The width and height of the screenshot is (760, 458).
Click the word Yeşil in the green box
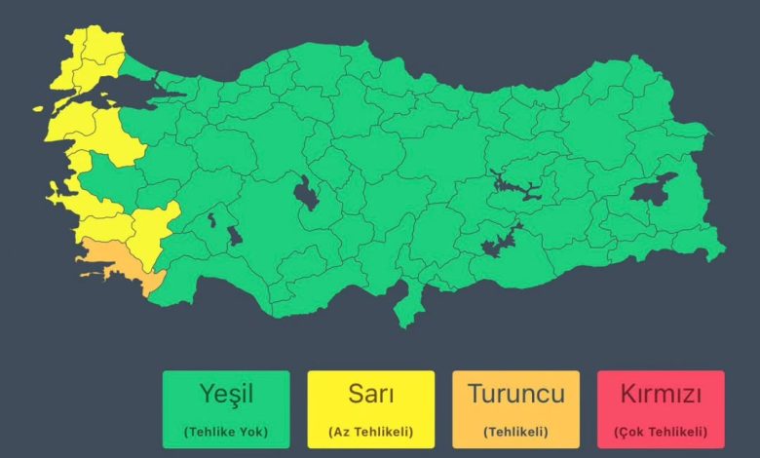pyautogui.click(x=225, y=395)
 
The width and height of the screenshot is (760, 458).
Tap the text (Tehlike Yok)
pyautogui.click(x=225, y=432)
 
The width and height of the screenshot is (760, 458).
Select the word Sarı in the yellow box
pyautogui.click(x=370, y=395)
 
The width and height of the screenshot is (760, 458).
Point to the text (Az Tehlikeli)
pyautogui.click(x=370, y=432)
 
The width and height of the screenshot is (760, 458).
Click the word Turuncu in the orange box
pyautogui.click(x=515, y=395)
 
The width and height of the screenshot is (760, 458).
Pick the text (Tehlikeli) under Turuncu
pyautogui.click(x=515, y=432)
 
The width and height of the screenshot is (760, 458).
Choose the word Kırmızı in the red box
pyautogui.click(x=661, y=395)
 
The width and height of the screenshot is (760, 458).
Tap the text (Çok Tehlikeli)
pyautogui.click(x=661, y=432)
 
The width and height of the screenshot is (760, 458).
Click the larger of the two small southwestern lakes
pyautogui.click(x=234, y=236)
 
